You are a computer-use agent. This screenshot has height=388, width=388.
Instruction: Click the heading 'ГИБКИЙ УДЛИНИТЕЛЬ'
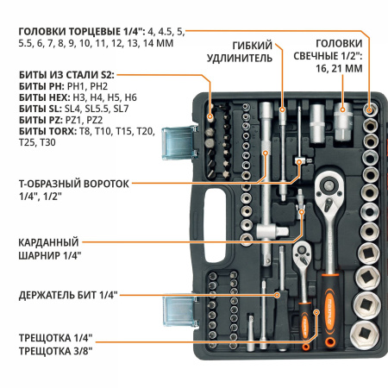[x=253, y=51]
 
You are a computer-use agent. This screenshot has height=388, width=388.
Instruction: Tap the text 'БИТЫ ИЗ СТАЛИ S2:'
[x=66, y=77]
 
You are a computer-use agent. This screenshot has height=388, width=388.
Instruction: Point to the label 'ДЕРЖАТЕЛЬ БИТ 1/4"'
[x=66, y=295]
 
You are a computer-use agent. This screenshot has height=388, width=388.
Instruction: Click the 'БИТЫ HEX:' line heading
[x=40, y=99]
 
